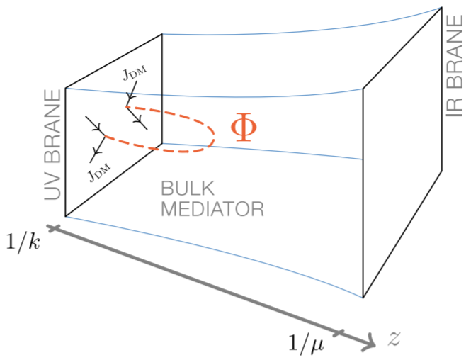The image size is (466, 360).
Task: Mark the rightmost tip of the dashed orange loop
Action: click(215, 135)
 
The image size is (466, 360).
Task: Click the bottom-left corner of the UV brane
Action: click(66, 216)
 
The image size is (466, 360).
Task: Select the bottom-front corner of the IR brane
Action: click(363, 298)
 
